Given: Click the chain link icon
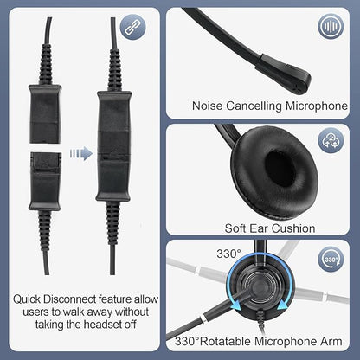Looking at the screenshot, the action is tap(132, 28).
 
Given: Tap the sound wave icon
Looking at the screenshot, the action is tap(331, 27).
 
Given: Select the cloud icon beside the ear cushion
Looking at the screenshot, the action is tap(331, 141).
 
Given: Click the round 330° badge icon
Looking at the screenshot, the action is tap(331, 260).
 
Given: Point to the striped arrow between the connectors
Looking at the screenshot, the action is tap(81, 153).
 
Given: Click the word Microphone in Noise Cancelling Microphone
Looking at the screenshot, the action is tap(317, 106).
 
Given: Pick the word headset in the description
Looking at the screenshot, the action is tap(100, 325).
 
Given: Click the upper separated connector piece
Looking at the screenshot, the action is tap(45, 114).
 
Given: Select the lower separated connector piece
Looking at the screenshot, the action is tap(45, 182).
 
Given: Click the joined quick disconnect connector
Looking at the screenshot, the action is tap(113, 146).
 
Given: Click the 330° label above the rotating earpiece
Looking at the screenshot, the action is tap(228, 254).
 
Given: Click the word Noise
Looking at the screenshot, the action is tap(208, 106).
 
